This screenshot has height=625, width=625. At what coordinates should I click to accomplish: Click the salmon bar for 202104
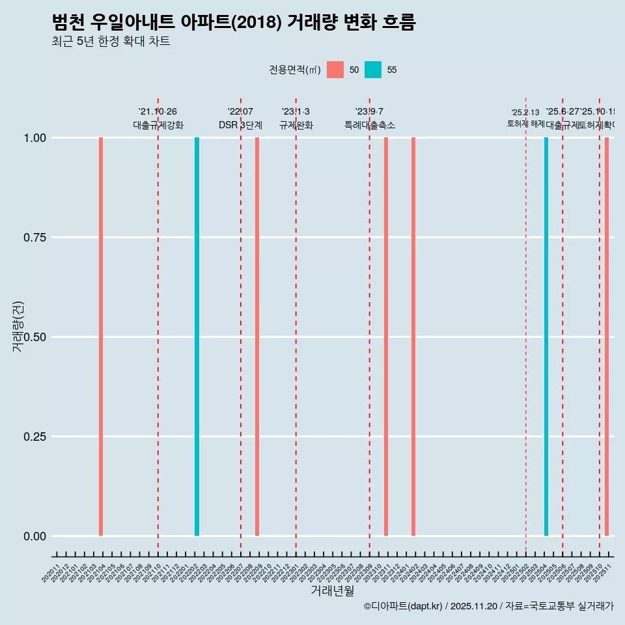pyautogui.click(x=101, y=337)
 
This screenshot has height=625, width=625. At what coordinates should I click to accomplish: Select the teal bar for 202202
pyautogui.click(x=197, y=337)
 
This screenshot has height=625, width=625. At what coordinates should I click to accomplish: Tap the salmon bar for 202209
pyautogui.click(x=257, y=337)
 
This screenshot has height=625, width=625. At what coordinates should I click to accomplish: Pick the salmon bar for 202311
pyautogui.click(x=386, y=337)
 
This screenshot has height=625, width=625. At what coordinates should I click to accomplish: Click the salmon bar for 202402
pyautogui.click(x=413, y=337)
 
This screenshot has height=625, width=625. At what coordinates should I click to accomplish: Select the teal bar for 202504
pyautogui.click(x=546, y=337)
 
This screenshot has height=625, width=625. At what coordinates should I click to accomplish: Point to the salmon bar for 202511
pyautogui.click(x=607, y=337)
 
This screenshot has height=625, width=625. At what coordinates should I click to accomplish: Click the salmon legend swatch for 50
pyautogui.click(x=335, y=70)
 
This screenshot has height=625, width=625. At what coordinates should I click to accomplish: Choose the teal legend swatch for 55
pyautogui.click(x=373, y=70)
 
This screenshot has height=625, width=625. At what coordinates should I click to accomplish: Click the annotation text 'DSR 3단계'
pyautogui.click(x=240, y=125)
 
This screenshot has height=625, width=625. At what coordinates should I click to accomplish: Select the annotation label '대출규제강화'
pyautogui.click(x=158, y=125)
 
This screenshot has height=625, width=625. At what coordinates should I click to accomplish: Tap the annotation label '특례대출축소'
pyautogui.click(x=370, y=125)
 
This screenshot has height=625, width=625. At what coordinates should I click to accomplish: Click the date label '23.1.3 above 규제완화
pyautogui.click(x=296, y=112)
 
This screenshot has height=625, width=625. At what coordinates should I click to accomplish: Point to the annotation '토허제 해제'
pyautogui.click(x=525, y=124)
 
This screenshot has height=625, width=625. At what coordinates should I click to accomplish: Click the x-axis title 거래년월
pyautogui.click(x=332, y=591)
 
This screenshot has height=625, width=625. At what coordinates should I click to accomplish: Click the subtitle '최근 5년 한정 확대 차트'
pyautogui.click(x=111, y=42)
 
